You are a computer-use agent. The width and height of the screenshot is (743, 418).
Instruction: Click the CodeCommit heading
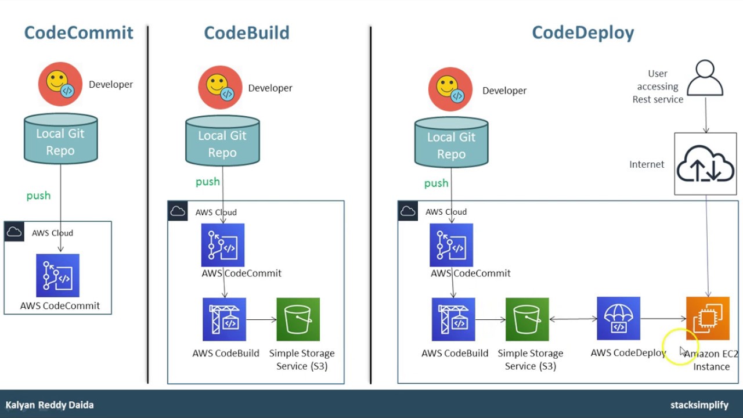pos(78,33)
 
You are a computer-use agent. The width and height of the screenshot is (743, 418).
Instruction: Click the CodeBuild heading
pos(246,33)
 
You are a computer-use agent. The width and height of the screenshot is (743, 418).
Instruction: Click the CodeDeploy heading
pos(582,33)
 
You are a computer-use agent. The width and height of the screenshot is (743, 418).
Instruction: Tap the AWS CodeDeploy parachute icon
pos(618,318)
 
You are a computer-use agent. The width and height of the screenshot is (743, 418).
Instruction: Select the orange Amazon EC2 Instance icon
pos(708,318)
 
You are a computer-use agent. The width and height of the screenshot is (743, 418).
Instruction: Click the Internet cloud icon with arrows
pos(705,164)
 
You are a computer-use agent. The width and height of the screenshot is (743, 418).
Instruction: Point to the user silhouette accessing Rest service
pos(705,78)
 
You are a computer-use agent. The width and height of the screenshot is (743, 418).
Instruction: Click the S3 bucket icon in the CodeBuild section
pos(298,319)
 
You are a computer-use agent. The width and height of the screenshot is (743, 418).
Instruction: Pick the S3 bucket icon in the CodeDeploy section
pos(527,319)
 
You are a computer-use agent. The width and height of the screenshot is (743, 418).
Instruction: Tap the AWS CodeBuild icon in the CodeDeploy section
pos(453,319)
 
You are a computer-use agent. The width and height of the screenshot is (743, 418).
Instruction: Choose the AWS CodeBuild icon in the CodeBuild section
pos(224,319)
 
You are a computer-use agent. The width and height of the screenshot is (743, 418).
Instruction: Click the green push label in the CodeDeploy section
pos(436,183)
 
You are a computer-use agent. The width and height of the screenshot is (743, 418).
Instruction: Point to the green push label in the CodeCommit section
pos(38,196)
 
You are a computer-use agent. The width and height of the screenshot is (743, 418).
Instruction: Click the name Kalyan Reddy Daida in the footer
pos(49,405)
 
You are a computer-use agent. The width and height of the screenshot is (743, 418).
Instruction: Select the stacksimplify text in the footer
pos(699,405)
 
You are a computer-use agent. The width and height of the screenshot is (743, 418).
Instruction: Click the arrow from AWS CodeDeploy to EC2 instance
pos(663,318)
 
